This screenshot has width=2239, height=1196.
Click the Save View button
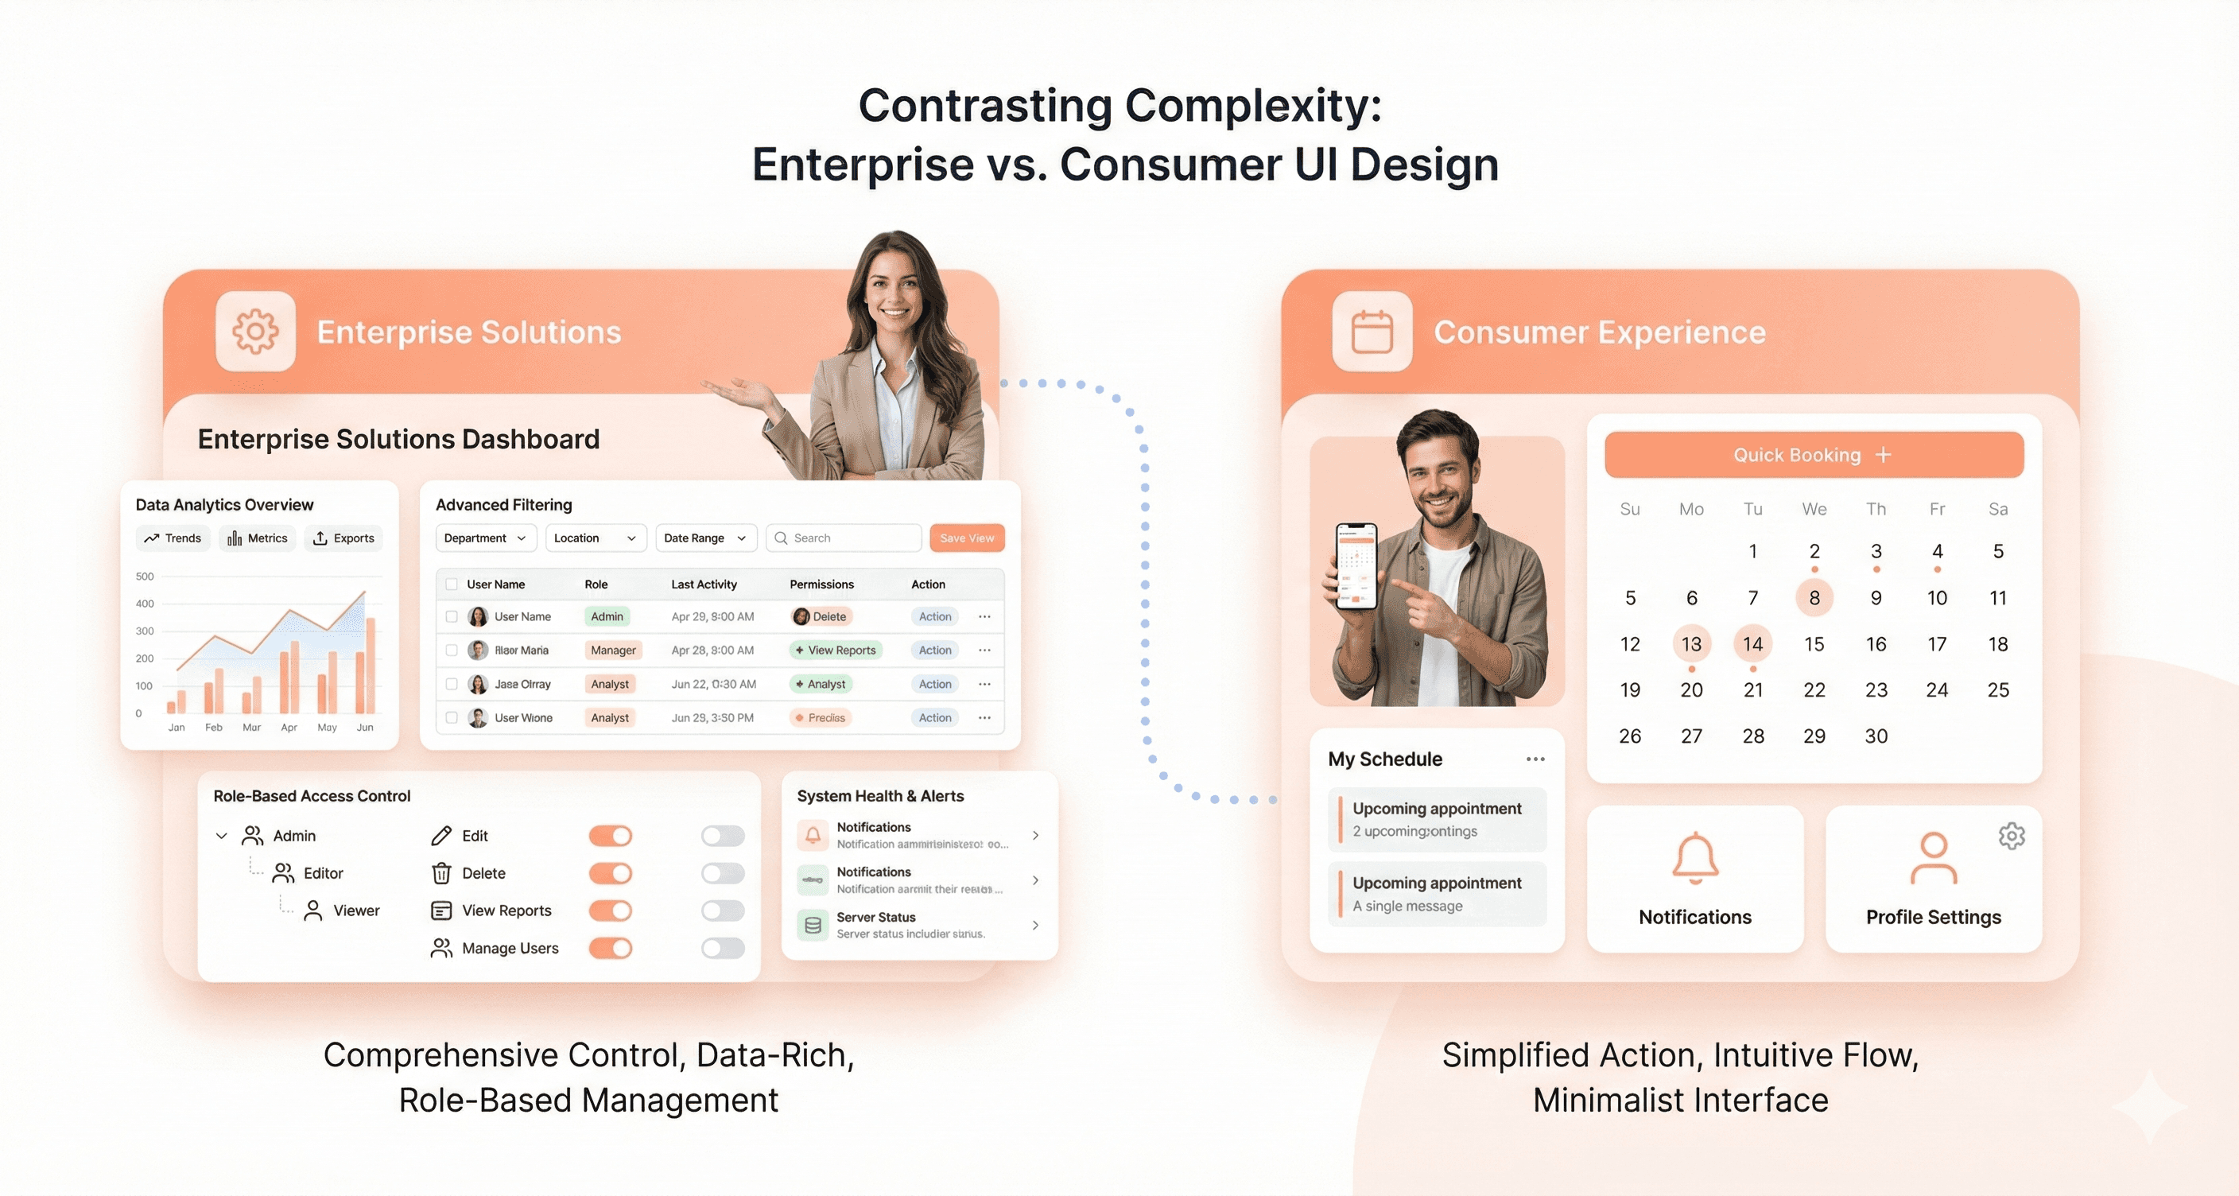click(x=967, y=538)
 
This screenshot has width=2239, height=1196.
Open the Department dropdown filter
click(x=485, y=538)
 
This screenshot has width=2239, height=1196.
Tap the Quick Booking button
click(x=1813, y=455)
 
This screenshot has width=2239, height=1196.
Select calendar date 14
click(x=1752, y=644)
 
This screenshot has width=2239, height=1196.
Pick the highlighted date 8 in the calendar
click(x=1814, y=598)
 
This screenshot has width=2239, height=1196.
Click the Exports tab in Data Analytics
click(x=343, y=538)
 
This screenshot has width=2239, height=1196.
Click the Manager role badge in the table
click(x=613, y=650)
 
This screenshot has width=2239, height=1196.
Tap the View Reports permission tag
click(x=836, y=650)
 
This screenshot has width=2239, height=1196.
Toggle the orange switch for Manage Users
click(x=610, y=947)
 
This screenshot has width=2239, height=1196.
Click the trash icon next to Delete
click(x=441, y=872)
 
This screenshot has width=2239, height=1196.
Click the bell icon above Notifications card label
click(x=1695, y=858)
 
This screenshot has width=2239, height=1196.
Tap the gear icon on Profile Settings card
click(x=2012, y=836)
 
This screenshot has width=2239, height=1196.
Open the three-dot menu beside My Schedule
click(x=1535, y=759)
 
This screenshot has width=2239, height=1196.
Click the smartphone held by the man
click(x=1356, y=567)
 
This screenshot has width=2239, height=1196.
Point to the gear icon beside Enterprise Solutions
click(x=255, y=331)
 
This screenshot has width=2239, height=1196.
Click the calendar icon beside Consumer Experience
click(x=1372, y=331)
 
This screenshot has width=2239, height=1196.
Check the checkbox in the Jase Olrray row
click(x=451, y=684)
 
